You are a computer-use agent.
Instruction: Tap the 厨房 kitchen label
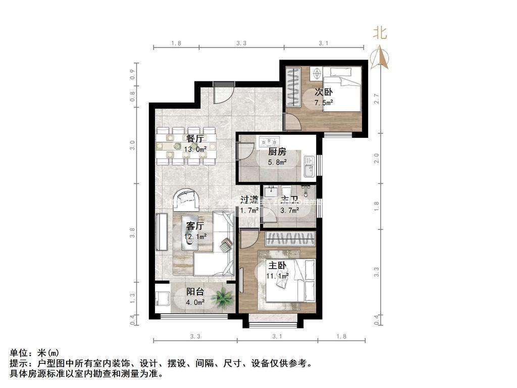(x=277, y=151)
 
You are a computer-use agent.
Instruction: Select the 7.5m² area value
(x=324, y=103)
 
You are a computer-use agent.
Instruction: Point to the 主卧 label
(x=277, y=265)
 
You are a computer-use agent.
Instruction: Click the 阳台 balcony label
(x=195, y=292)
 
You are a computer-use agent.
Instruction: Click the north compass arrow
(x=380, y=57)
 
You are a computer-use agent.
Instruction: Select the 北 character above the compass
(x=380, y=33)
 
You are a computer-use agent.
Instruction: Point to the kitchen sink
(x=309, y=166)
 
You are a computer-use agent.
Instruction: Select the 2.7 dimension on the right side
(x=376, y=99)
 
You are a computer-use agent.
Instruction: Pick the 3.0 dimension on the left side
(x=133, y=145)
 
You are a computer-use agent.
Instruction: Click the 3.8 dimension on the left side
(x=133, y=233)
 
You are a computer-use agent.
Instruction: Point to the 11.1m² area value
(x=277, y=276)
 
